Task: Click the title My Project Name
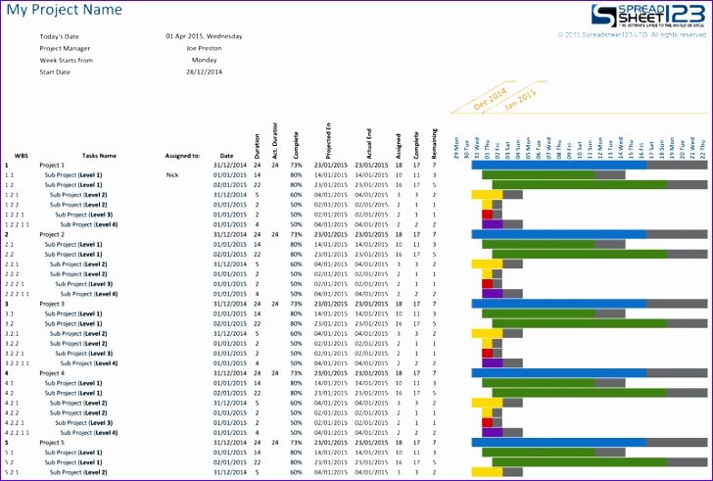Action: pyautogui.click(x=65, y=10)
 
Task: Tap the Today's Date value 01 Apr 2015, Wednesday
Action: pyautogui.click(x=204, y=36)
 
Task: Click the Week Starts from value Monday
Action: pyautogui.click(x=204, y=59)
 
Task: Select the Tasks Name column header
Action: pyautogui.click(x=99, y=155)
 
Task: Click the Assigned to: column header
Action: pyautogui.click(x=182, y=155)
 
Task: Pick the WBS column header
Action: pyautogui.click(x=21, y=155)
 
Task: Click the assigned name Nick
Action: pyautogui.click(x=172, y=175)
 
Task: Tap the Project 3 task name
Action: pyautogui.click(x=52, y=304)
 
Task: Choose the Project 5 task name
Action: pyautogui.click(x=52, y=442)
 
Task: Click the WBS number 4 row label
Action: pyautogui.click(x=7, y=372)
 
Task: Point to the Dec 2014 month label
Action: pyautogui.click(x=490, y=101)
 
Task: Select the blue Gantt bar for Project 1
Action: pyautogui.click(x=558, y=166)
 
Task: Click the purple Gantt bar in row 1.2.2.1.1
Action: pyautogui.click(x=492, y=224)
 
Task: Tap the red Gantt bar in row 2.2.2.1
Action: pyautogui.click(x=487, y=283)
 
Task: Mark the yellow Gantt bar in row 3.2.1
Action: pyautogui.click(x=487, y=333)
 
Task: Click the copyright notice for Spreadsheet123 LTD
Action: pyautogui.click(x=632, y=35)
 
